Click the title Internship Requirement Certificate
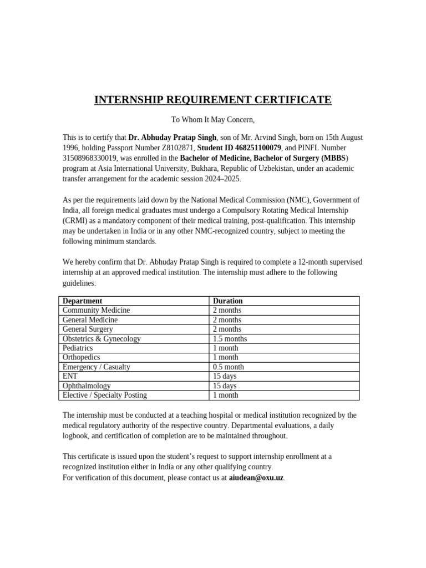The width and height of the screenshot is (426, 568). (212, 100)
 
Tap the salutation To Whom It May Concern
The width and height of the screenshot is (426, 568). (212, 119)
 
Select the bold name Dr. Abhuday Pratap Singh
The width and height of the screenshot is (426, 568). (172, 137)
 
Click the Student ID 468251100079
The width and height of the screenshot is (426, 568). (239, 148)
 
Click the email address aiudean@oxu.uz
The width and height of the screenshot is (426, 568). (256, 477)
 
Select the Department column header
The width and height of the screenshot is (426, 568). (82, 301)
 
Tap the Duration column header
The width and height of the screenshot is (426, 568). (227, 301)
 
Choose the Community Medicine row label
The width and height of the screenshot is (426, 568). (96, 310)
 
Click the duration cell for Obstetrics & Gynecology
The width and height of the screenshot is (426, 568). (230, 338)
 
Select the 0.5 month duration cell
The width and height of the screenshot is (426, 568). (228, 367)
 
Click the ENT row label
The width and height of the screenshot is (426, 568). (70, 376)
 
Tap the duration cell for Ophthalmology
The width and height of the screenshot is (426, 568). (225, 386)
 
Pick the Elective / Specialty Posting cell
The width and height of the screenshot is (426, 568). (104, 395)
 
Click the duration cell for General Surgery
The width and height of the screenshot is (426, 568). (227, 329)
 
